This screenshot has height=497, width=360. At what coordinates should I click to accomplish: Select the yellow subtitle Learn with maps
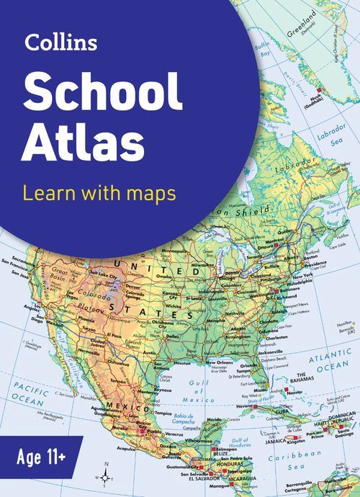(99, 193)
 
